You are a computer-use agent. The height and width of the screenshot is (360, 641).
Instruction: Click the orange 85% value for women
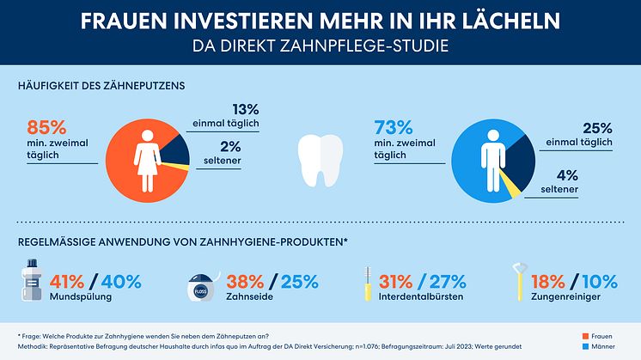point(48,126)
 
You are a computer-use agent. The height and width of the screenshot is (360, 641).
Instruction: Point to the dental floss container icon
point(198,287)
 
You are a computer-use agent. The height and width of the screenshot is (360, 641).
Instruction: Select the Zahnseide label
point(250,297)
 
